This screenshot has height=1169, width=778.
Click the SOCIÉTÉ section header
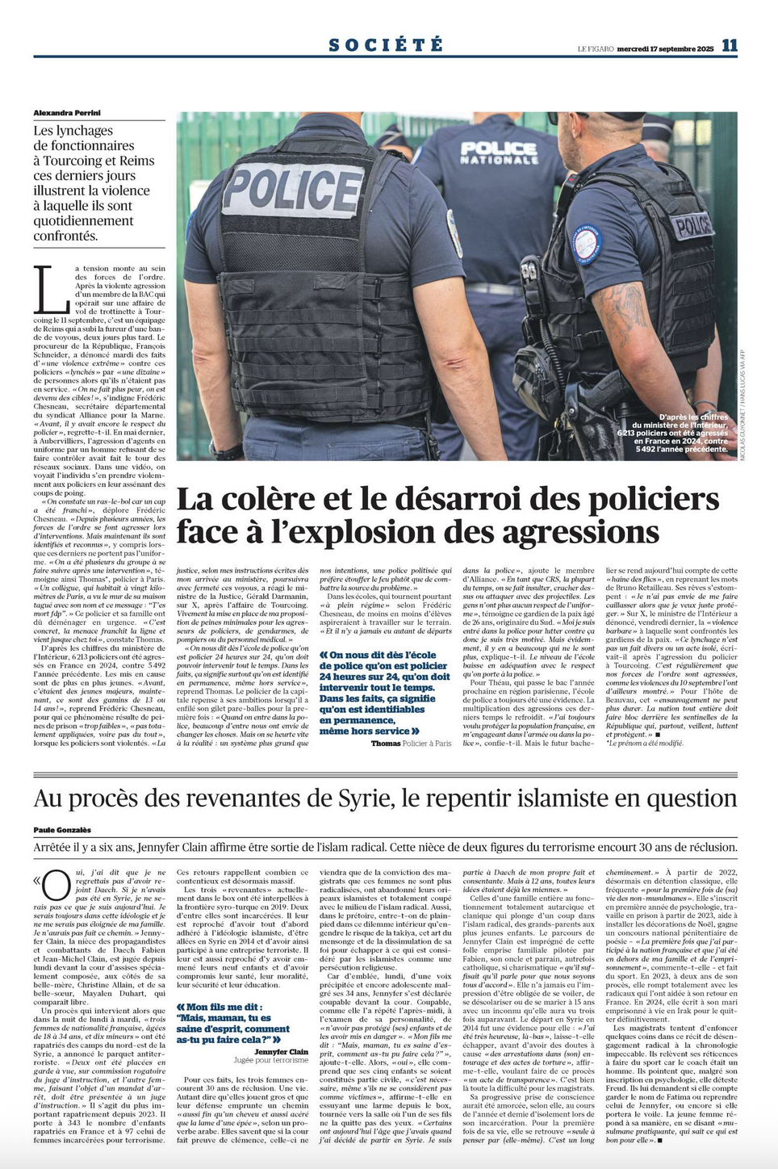point(386,45)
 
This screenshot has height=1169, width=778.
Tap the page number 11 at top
point(729,46)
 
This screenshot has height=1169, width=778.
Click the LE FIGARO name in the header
point(595,49)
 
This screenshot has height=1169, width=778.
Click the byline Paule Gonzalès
point(62,830)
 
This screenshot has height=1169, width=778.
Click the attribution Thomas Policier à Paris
point(411,743)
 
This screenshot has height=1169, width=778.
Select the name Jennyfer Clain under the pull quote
point(281,1052)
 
